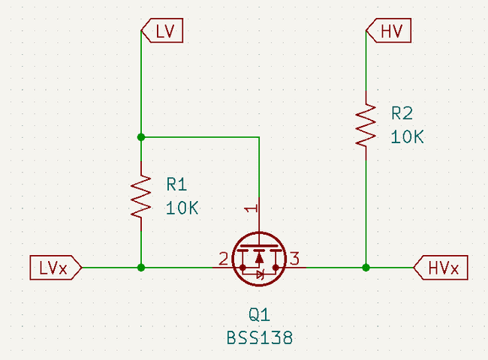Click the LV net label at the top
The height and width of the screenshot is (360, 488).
pos(162,31)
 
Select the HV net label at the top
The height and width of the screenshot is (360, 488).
pos(387,31)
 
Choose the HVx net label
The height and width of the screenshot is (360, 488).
pos(441,267)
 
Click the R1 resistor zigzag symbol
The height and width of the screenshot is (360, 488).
pos(140,197)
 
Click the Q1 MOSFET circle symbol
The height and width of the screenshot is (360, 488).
pos(258,258)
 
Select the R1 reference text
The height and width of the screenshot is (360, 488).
pos(177,184)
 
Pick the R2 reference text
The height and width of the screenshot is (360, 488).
pos(402,113)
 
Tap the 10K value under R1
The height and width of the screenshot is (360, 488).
pos(182,208)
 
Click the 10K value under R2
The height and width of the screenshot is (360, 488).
pos(407,137)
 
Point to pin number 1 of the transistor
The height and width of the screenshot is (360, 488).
pos(252,207)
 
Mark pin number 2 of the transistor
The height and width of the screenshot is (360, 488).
pos(223,259)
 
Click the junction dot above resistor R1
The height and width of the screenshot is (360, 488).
pos(140,137)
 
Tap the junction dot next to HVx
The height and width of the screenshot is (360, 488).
pos(366,267)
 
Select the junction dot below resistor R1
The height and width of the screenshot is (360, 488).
pos(140,267)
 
